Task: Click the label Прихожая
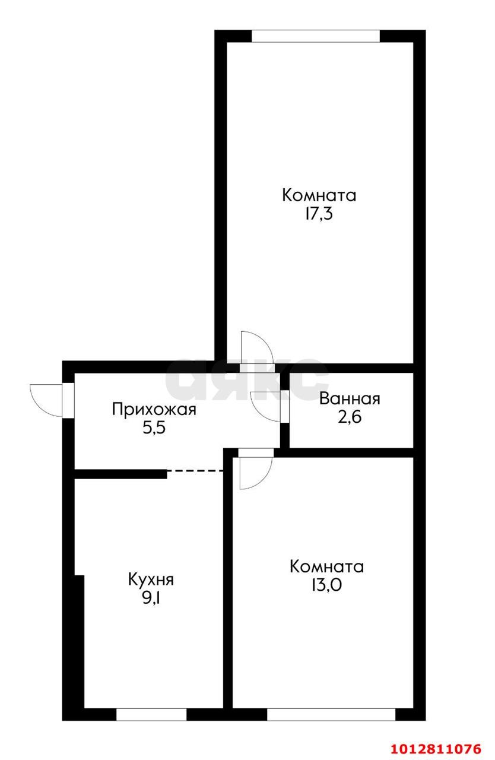pyautogui.click(x=153, y=409)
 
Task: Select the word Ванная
pyautogui.click(x=349, y=399)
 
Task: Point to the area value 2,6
pyautogui.click(x=349, y=417)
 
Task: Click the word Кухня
pyautogui.click(x=151, y=579)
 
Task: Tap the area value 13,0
pyautogui.click(x=326, y=585)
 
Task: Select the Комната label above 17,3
pyautogui.click(x=319, y=195)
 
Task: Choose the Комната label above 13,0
pyautogui.click(x=326, y=566)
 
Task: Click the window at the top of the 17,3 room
pyautogui.click(x=315, y=36)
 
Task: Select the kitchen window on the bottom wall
pyautogui.click(x=151, y=714)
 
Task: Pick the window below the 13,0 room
pyautogui.click(x=331, y=714)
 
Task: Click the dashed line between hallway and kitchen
pyautogui.click(x=195, y=471)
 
